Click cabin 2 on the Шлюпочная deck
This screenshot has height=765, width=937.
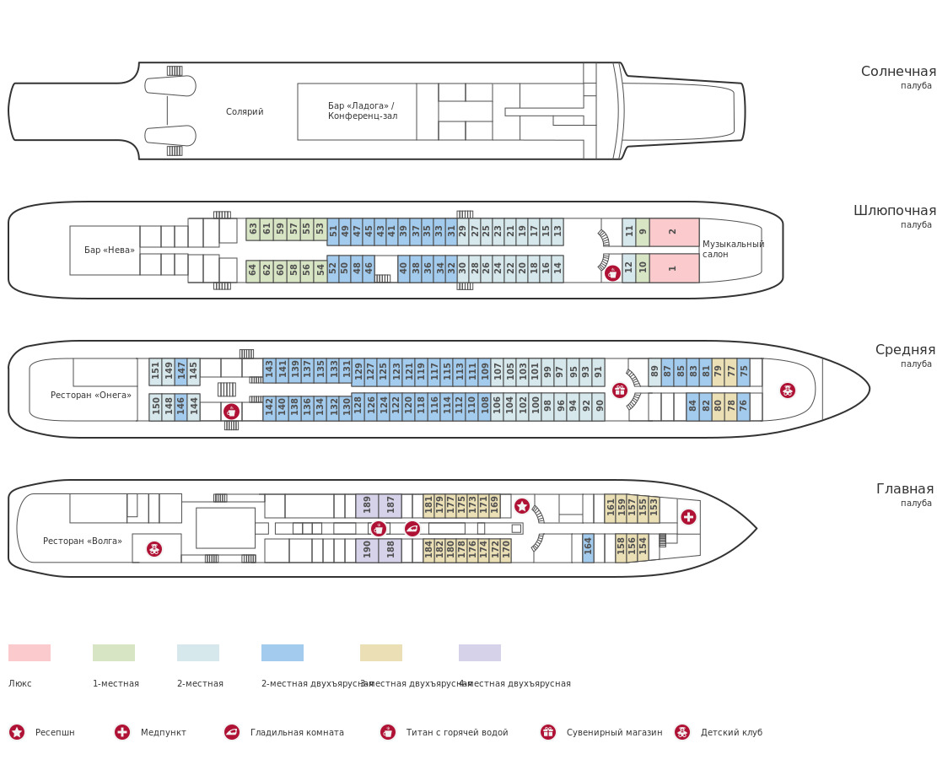coord(673,232)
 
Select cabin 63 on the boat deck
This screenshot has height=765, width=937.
coord(253,229)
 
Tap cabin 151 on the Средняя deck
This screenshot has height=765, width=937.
coord(155,371)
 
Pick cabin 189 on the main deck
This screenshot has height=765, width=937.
coord(367,505)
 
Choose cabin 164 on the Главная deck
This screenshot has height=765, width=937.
coord(588,547)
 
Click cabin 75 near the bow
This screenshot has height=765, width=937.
coord(744,371)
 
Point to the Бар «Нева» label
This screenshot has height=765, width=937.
coord(109,251)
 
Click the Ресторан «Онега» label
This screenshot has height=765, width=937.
coord(91,396)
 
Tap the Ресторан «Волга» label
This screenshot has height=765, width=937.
coord(83,541)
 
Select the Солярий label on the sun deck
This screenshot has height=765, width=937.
coord(245,112)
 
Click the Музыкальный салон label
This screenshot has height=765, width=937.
coord(733,250)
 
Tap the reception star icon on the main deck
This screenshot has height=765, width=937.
coord(522,506)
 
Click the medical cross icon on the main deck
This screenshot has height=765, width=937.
coord(688,517)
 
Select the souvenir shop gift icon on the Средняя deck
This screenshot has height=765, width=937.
coord(620,391)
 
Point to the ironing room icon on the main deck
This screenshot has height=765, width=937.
coord(412,529)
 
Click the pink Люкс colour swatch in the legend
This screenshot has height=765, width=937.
coord(30,653)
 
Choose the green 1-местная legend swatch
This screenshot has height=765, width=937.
coord(114,653)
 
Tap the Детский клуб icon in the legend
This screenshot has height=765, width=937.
coord(682,732)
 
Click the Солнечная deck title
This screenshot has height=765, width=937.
coord(898,72)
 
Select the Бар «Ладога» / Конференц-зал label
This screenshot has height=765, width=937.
coord(363,111)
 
